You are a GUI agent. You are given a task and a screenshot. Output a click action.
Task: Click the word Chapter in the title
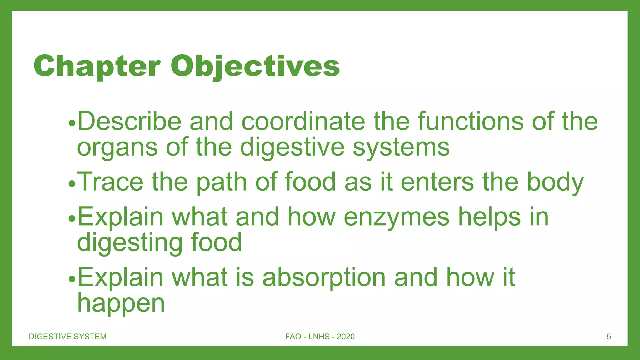(97, 66)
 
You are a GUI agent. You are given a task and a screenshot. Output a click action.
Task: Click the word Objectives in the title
(255, 66)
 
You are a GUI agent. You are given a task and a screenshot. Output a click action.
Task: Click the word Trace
(110, 182)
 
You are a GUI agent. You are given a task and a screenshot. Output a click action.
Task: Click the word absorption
(324, 278)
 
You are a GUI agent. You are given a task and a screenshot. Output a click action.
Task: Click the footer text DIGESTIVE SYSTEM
(67, 337)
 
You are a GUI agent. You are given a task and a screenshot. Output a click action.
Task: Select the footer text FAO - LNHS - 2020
(320, 337)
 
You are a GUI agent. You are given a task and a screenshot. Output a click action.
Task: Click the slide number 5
(609, 337)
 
